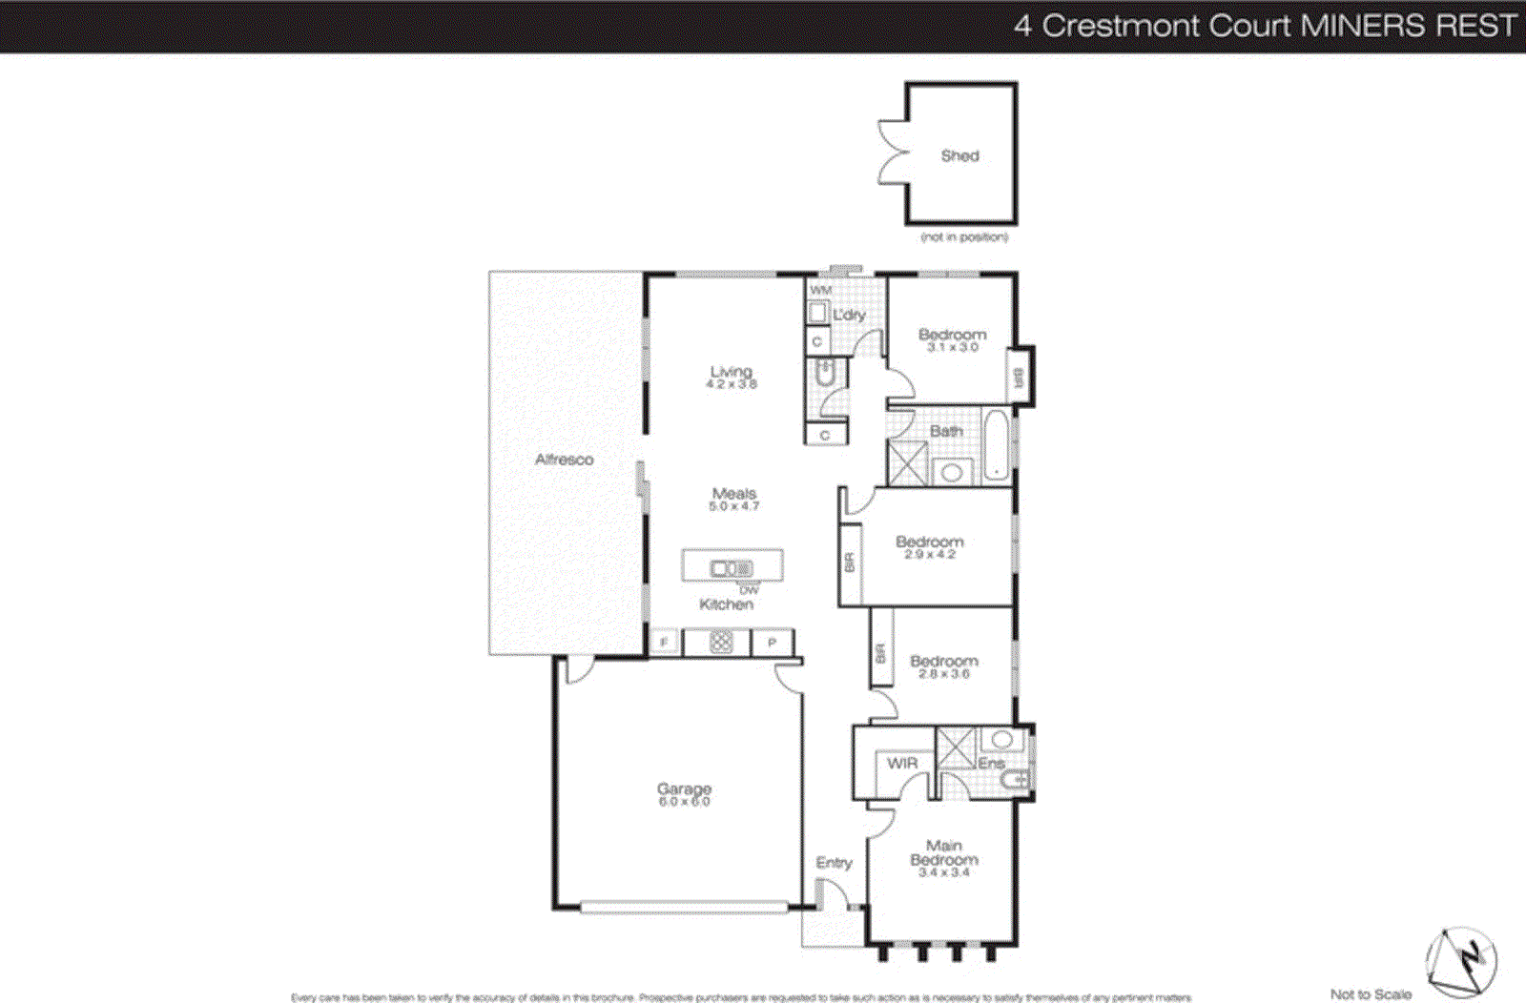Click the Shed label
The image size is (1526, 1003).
959,155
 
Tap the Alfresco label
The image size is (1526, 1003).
564,460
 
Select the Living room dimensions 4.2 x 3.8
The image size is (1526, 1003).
732,384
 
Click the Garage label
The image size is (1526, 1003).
684,789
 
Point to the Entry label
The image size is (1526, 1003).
834,863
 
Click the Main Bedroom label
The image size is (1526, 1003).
943,852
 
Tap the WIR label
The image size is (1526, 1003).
901,763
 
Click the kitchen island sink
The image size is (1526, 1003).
732,569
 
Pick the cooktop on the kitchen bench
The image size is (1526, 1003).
721,643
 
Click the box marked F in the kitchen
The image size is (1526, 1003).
664,643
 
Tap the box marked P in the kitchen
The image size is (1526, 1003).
773,643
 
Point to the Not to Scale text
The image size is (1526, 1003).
1371,994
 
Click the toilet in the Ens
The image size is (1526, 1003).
1014,782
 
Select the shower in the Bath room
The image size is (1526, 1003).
907,462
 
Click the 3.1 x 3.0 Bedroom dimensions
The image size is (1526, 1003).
952,348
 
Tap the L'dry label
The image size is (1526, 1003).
849,315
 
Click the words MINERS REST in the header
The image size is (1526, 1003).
1409,26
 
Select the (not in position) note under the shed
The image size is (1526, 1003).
963,236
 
